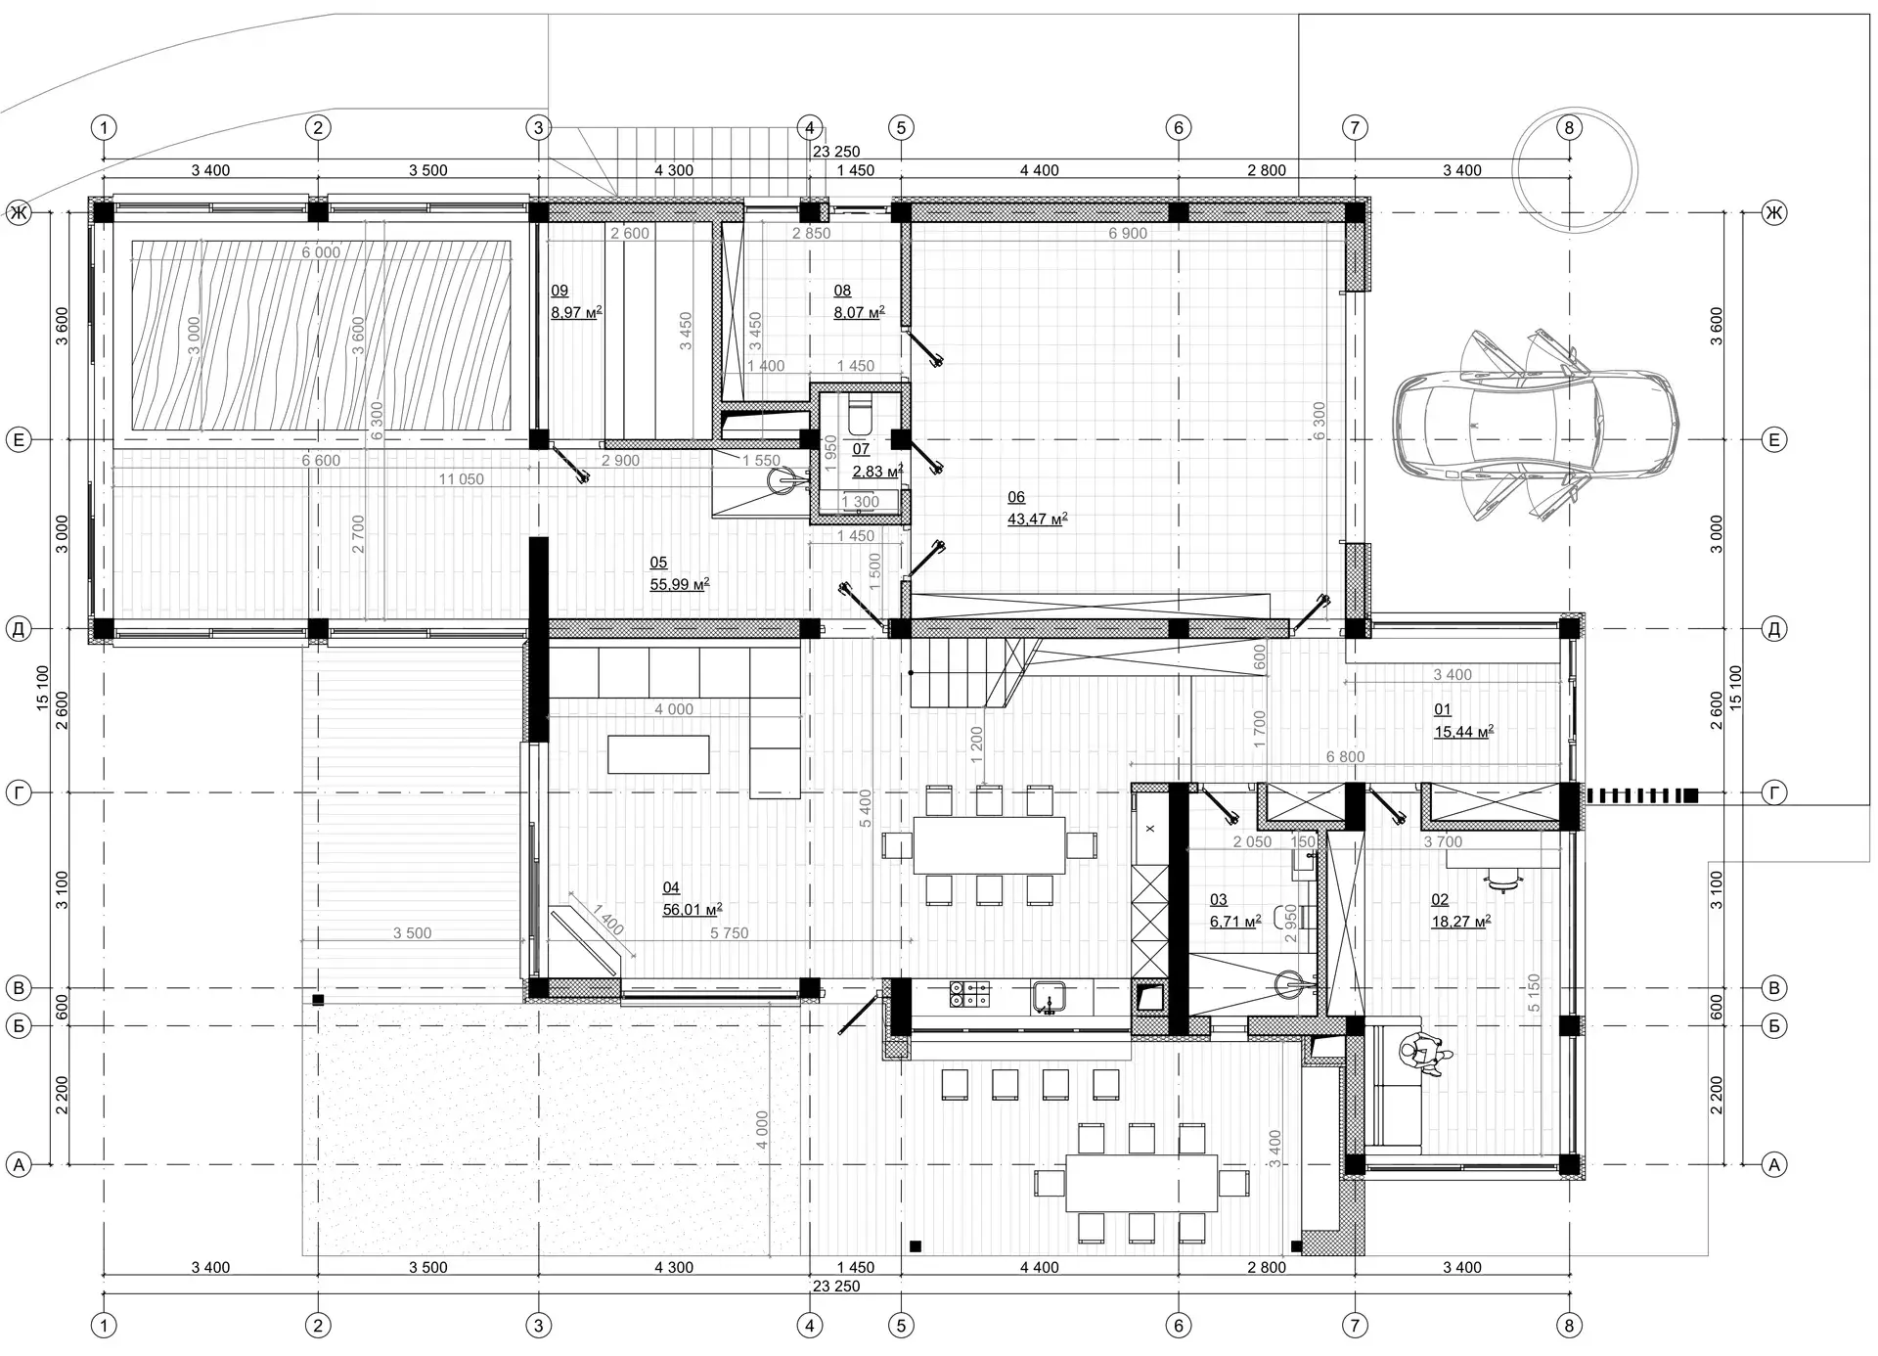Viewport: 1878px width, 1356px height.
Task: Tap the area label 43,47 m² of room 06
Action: click(1037, 520)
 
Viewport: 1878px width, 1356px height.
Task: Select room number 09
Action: click(559, 291)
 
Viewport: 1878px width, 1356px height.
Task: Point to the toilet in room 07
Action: click(860, 415)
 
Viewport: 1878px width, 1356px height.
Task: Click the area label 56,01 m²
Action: click(692, 910)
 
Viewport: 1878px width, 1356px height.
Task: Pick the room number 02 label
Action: click(1440, 900)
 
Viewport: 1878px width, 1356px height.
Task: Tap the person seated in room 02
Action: click(1424, 1055)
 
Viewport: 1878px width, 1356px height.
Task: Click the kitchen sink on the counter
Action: click(1049, 997)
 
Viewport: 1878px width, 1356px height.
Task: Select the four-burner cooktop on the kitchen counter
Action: click(968, 995)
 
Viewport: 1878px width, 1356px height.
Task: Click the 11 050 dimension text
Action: click(461, 479)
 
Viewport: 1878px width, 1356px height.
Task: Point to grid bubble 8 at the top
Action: click(1569, 127)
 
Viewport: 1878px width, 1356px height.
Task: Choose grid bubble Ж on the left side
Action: click(19, 212)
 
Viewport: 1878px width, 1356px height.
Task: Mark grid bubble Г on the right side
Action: click(1773, 792)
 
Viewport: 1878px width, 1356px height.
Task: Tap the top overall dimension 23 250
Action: click(835, 152)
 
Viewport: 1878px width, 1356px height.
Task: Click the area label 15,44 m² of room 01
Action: click(1463, 732)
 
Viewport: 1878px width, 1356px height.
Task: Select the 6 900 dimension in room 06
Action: click(1128, 234)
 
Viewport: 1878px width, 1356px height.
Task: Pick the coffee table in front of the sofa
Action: click(658, 754)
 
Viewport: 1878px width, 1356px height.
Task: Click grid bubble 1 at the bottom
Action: click(103, 1326)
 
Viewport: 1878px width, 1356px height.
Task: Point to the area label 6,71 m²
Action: click(1234, 922)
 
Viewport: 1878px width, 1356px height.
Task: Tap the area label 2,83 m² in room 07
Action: click(876, 472)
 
